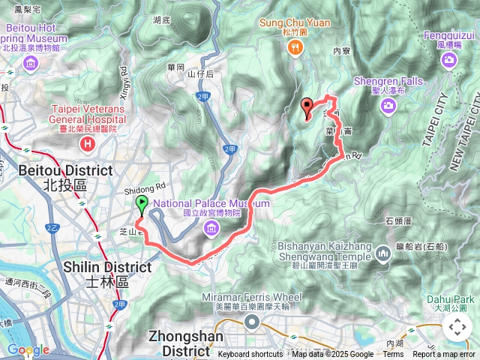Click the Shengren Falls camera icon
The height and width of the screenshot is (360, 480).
coord(388,106)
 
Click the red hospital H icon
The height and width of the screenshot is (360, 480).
coord(88,142)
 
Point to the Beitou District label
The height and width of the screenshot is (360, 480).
coord(56,177)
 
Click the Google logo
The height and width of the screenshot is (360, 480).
coord(28,349)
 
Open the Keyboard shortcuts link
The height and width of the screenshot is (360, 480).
coord(250,355)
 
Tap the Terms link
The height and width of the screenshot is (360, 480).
coord(393,355)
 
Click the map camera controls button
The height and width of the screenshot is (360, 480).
coord(457,327)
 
